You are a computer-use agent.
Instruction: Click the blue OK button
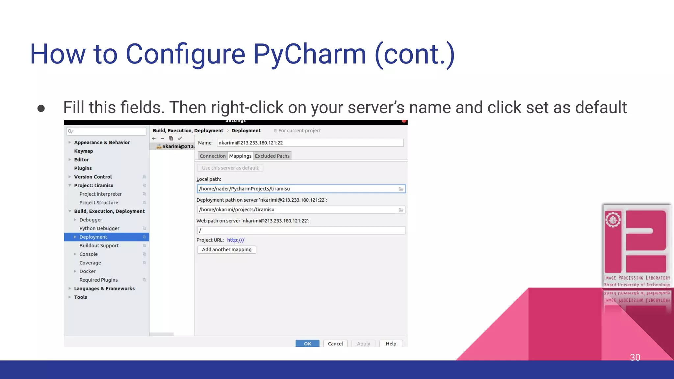(307, 343)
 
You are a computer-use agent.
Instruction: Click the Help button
(391, 343)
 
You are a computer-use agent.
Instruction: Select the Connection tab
(213, 156)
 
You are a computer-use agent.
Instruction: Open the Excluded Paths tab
(272, 156)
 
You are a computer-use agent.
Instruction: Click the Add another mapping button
(226, 249)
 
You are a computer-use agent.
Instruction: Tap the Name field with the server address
(309, 143)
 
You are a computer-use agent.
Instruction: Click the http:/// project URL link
(236, 240)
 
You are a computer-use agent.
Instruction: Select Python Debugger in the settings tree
(99, 228)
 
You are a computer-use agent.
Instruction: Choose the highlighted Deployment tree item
(93, 237)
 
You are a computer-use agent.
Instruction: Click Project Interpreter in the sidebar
(100, 194)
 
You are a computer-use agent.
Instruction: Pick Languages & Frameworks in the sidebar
(104, 289)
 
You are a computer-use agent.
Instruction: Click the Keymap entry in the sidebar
(84, 151)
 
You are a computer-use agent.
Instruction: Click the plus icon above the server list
(154, 139)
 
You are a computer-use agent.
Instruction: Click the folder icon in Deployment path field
(401, 210)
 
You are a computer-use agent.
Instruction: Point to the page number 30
(635, 357)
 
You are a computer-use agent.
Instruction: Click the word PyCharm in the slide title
(309, 54)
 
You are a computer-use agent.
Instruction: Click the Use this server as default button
(230, 168)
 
